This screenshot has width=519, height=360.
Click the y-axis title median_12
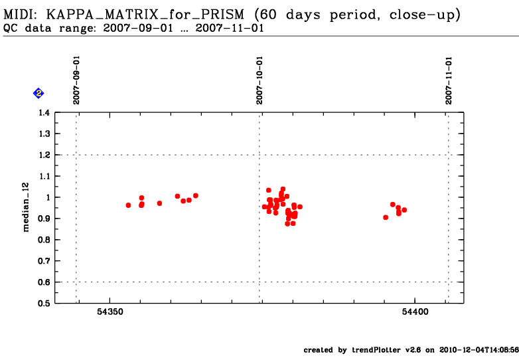27,208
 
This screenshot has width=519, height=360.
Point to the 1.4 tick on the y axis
42,113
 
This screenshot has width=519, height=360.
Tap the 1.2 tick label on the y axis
42,155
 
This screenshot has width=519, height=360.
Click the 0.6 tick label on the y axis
42,282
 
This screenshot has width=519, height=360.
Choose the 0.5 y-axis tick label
42,304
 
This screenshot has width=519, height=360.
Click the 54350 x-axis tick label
110,312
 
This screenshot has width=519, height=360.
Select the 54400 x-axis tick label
415,312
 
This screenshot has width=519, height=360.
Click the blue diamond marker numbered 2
38,93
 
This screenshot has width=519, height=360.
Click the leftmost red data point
128,205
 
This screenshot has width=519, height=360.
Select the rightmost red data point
404,210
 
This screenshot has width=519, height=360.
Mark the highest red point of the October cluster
283,189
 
